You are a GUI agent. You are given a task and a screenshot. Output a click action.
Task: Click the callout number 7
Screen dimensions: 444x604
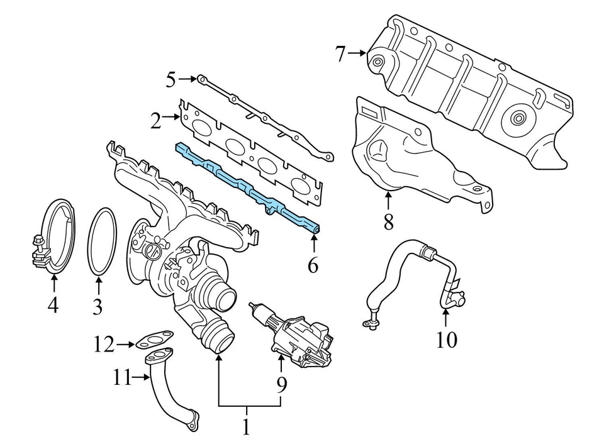(x=340, y=54)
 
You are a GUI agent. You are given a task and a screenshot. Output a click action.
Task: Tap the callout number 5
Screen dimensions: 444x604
(x=171, y=79)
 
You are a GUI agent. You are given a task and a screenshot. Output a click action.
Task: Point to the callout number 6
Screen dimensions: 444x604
(x=313, y=265)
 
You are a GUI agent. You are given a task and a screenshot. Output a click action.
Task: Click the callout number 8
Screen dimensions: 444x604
(x=388, y=221)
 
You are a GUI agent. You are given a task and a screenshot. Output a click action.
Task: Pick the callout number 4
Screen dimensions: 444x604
(x=53, y=306)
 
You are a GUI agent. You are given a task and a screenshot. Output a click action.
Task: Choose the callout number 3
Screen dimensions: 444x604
(x=97, y=306)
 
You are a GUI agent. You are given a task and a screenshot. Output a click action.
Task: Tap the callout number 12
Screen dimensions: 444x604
(x=104, y=344)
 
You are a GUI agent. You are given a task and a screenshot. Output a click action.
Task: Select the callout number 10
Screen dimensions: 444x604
(x=447, y=339)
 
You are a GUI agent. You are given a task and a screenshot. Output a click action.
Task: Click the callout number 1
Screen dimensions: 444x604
(x=246, y=427)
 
